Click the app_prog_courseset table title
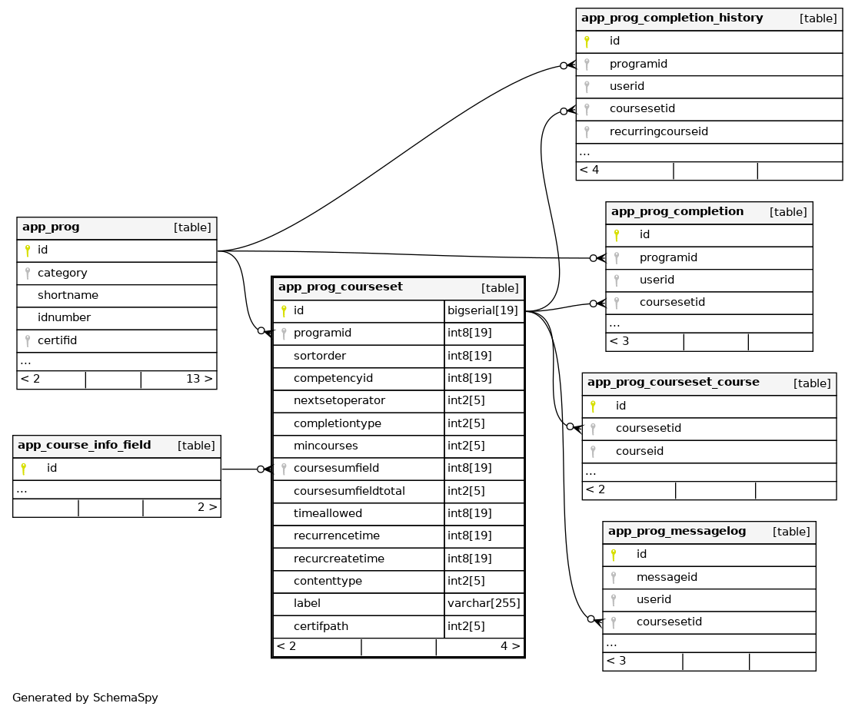pyautogui.click(x=340, y=287)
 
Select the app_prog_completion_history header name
pyautogui.click(x=671, y=18)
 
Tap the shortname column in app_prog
pyautogui.click(x=68, y=295)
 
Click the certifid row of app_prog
pyautogui.click(x=58, y=340)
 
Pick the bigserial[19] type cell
pyautogui.click(x=482, y=311)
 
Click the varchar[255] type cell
pyautogui.click(x=484, y=604)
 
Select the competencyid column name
pyautogui.click(x=333, y=379)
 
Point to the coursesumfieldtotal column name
pyautogui.click(x=349, y=491)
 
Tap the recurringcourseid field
pyautogui.click(x=658, y=131)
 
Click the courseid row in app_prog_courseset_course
pyautogui.click(x=640, y=451)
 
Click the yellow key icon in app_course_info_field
pyautogui.click(x=24, y=468)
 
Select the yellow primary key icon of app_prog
pyautogui.click(x=28, y=250)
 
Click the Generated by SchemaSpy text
pyautogui.click(x=85, y=698)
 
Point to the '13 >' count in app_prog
pyautogui.click(x=199, y=379)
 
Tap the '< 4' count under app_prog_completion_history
pyautogui.click(x=590, y=170)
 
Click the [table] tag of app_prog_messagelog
pyautogui.click(x=791, y=532)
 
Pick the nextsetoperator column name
pyautogui.click(x=339, y=401)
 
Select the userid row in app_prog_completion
pyautogui.click(x=657, y=280)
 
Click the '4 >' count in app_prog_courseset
pyautogui.click(x=510, y=646)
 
